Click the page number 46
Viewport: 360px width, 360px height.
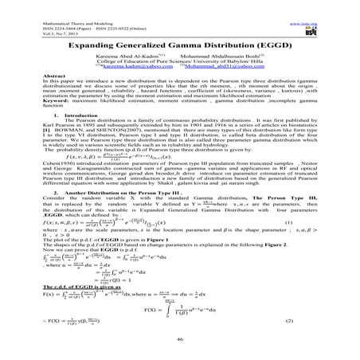pos(179,338)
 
